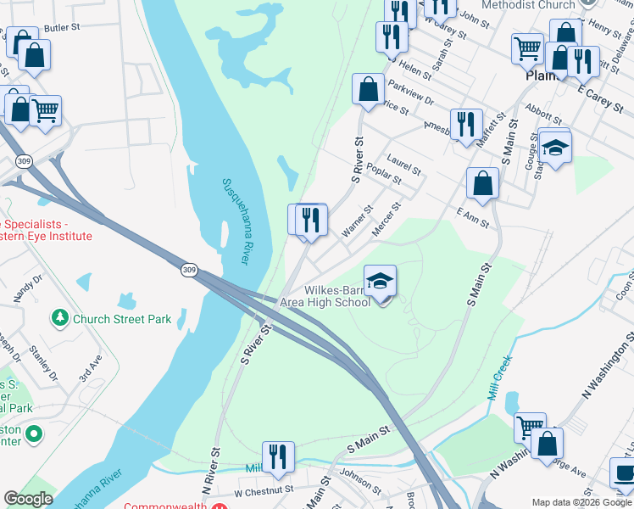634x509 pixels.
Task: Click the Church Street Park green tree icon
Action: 59,318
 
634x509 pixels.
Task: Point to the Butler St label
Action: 61,28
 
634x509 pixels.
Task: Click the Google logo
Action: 28,500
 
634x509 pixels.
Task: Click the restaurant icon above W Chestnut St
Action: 278,456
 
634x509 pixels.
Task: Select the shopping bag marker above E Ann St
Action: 482,183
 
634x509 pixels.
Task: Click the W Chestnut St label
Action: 264,491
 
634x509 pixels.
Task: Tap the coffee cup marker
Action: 625,474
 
